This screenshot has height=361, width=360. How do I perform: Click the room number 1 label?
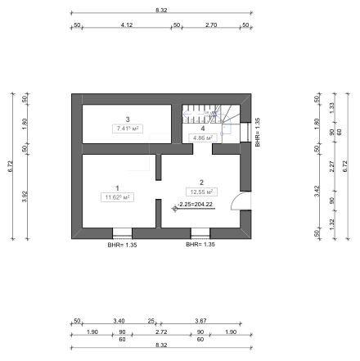[x=118, y=187]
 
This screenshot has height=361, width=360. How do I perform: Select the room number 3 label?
[x=128, y=120]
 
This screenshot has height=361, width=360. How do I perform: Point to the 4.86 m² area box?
[x=202, y=138]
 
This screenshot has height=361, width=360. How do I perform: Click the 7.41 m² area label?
[x=128, y=129]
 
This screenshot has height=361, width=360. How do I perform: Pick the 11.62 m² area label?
[x=118, y=197]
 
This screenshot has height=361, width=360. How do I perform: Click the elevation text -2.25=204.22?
[x=196, y=205]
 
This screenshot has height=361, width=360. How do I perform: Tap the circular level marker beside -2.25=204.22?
[x=174, y=208]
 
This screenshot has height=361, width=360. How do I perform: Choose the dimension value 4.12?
[x=126, y=25]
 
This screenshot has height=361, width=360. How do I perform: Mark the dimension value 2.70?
[x=210, y=25]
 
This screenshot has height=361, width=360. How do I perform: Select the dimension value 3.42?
[x=317, y=193]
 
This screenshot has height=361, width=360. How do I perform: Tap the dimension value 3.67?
[x=200, y=321]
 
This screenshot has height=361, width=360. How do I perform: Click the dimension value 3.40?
[x=119, y=321]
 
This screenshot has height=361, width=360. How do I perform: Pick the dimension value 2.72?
[x=161, y=332]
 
